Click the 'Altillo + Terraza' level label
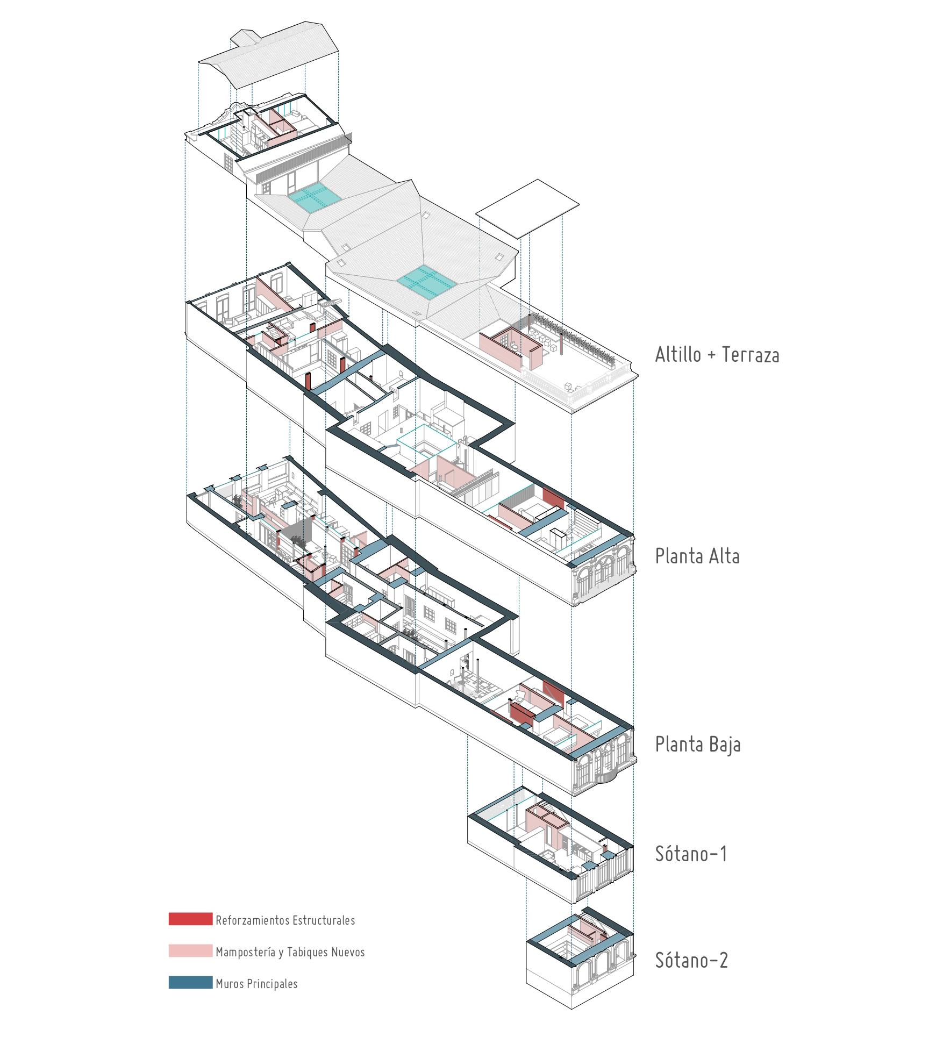pyautogui.click(x=717, y=355)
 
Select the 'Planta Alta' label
pyautogui.click(x=697, y=556)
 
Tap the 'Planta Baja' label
pyautogui.click(x=697, y=745)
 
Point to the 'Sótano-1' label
pyautogui.click(x=691, y=854)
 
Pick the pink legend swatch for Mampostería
pyautogui.click(x=190, y=951)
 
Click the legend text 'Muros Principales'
pyautogui.click(x=256, y=984)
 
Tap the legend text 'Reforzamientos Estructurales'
pyautogui.click(x=285, y=919)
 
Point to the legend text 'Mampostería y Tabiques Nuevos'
pyautogui.click(x=290, y=952)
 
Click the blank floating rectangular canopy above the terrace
pyautogui.click(x=527, y=209)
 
